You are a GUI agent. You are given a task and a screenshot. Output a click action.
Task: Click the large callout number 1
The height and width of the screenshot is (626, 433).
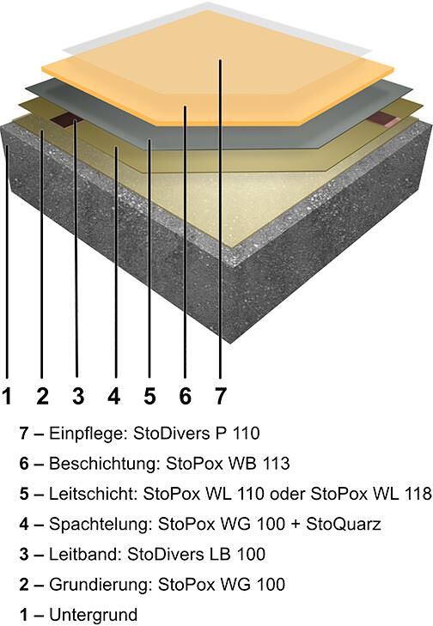coord(7,396)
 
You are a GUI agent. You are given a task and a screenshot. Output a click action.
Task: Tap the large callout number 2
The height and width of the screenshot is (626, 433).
coord(42,396)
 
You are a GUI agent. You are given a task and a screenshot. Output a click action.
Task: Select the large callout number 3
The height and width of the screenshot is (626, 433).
coord(78,396)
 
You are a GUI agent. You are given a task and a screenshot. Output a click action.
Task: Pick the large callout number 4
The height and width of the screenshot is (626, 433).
coord(114,396)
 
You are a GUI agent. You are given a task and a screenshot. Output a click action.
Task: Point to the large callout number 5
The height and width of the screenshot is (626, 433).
coord(149,396)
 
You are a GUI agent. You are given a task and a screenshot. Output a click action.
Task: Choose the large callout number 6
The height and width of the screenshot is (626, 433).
coord(185,396)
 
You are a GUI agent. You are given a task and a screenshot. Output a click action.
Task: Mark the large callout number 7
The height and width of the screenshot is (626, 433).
coord(221,396)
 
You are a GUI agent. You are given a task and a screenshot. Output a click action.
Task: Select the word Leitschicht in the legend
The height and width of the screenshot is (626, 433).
coord(93,495)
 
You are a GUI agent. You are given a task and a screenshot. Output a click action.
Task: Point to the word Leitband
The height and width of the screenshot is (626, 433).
coord(85,554)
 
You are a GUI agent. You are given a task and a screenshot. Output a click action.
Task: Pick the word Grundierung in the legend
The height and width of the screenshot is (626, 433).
coord(101,586)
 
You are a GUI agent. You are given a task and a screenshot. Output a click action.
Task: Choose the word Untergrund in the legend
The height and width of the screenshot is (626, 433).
coord(93,615)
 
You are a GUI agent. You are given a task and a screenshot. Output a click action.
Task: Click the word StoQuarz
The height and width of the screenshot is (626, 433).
coord(344,524)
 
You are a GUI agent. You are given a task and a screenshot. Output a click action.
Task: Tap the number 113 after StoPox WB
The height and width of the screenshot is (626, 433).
coord(276,464)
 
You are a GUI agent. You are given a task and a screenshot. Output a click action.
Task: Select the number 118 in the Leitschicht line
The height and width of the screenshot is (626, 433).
coord(418,494)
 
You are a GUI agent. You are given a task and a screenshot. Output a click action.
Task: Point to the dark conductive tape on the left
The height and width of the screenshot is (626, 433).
coord(68,119)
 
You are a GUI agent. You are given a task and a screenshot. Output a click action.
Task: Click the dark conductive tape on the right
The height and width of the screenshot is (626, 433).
coord(386,119)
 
